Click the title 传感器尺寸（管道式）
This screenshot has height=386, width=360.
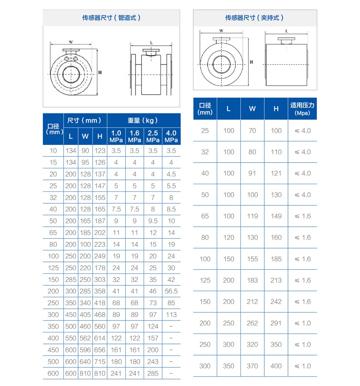click(111, 18)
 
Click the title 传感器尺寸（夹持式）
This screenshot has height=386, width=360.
click(255, 18)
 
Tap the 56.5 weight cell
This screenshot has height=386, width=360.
click(171, 291)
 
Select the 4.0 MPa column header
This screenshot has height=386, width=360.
click(171, 136)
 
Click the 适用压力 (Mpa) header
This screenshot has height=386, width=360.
click(302, 109)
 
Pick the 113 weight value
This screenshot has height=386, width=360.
click(171, 315)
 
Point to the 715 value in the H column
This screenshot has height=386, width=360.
click(100, 362)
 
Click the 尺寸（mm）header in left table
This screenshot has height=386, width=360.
click(85, 120)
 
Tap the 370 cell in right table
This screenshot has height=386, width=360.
click(252, 366)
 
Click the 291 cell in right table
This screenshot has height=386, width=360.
click(276, 323)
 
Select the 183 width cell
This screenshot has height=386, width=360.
click(252, 280)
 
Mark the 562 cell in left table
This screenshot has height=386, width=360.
click(85, 338)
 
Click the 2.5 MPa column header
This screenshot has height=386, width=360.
click(153, 136)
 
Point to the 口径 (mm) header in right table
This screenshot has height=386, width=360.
click(205, 109)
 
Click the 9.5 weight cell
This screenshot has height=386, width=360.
click(153, 221)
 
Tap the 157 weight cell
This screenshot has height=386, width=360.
click(153, 338)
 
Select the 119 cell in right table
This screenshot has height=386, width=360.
click(252, 216)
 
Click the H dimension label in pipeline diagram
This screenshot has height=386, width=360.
click(100, 72)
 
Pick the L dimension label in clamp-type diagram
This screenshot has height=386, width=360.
click(287, 31)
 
